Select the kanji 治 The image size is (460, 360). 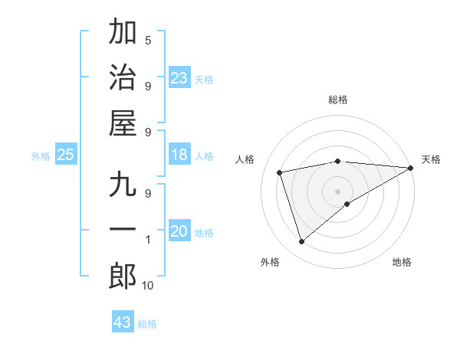[x=123, y=77]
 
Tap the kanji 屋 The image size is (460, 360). [x=123, y=123]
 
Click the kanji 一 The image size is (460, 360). [x=123, y=231]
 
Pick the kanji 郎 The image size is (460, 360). [x=123, y=276]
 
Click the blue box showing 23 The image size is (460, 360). [x=179, y=78]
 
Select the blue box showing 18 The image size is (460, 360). [x=179, y=155]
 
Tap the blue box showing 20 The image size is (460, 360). [x=179, y=232]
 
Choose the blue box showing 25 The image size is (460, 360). [x=65, y=155]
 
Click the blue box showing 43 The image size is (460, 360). [x=123, y=322]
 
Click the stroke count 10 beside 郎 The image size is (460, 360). [x=147, y=285]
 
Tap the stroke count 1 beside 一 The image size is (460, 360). [x=147, y=240]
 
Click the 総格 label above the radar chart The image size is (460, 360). [x=338, y=100]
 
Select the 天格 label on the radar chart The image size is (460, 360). [x=431, y=159]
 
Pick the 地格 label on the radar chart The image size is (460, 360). [x=402, y=262]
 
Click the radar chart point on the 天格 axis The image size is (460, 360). [x=411, y=168]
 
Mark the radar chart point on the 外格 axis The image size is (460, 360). [x=301, y=242]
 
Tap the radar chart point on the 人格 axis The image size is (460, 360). [x=280, y=172]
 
